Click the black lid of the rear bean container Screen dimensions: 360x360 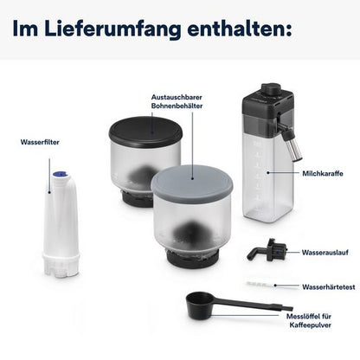click(145, 130)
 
